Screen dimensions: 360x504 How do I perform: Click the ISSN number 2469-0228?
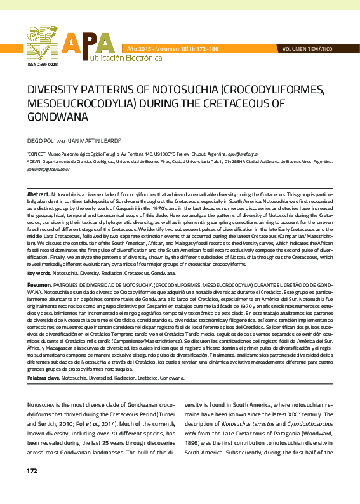coord(43,65)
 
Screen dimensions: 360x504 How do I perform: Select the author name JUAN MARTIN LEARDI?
coord(95,140)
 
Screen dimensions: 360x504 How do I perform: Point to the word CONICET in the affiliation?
coord(37,154)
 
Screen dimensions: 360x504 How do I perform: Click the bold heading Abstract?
coord(38,192)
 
